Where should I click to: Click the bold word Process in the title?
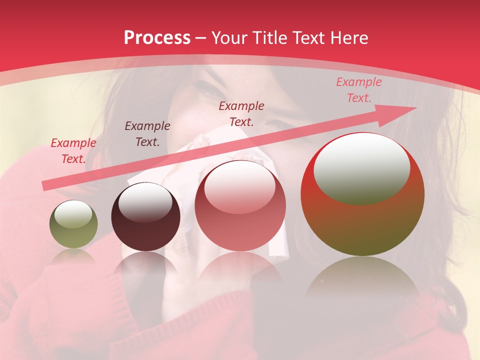157,38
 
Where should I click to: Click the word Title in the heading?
269,38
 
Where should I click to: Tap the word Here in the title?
349,38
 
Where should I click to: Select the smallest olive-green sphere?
73,224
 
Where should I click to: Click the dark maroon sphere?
145,217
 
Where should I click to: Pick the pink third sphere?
240,205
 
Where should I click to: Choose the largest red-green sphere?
362,194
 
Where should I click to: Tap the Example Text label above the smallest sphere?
73,150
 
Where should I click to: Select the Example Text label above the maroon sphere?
147,133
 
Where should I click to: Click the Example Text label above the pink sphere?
241,113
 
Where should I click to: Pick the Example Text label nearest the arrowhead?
358,90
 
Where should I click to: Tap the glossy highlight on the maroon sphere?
145,202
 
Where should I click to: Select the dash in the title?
201,38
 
